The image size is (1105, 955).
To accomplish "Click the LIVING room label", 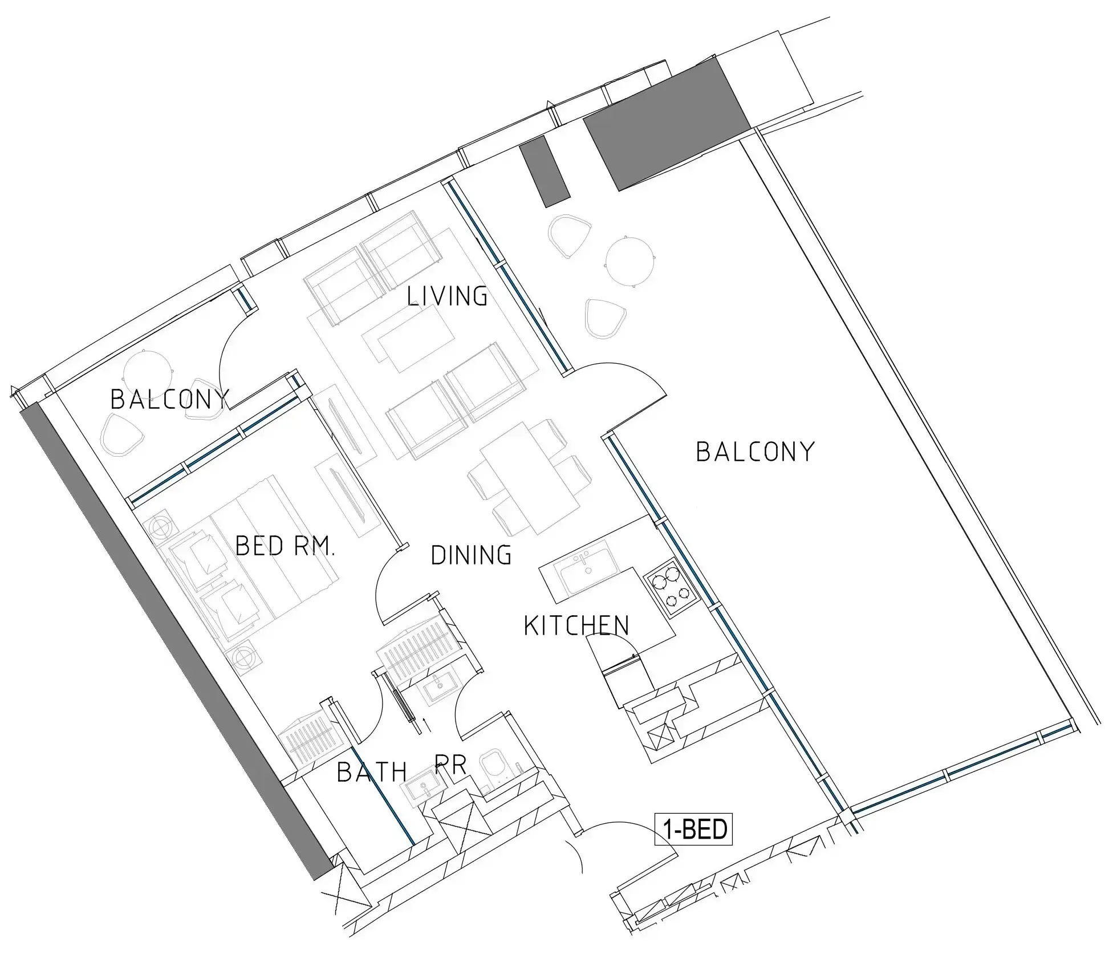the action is pyautogui.click(x=447, y=296).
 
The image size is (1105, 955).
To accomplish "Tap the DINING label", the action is pyautogui.click(x=471, y=555).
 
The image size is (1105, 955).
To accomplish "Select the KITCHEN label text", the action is pyautogui.click(x=576, y=625).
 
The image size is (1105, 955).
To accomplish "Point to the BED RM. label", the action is pyautogui.click(x=285, y=546).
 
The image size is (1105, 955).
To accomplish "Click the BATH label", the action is pyautogui.click(x=372, y=773).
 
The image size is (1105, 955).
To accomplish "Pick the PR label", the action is pyautogui.click(x=450, y=765).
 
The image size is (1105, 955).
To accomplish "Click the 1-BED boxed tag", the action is pyautogui.click(x=693, y=830).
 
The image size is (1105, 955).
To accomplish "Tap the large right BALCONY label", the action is pyautogui.click(x=755, y=452).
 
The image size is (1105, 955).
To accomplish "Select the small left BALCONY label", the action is pyautogui.click(x=169, y=399).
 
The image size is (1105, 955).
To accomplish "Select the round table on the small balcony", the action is pyautogui.click(x=148, y=369).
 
